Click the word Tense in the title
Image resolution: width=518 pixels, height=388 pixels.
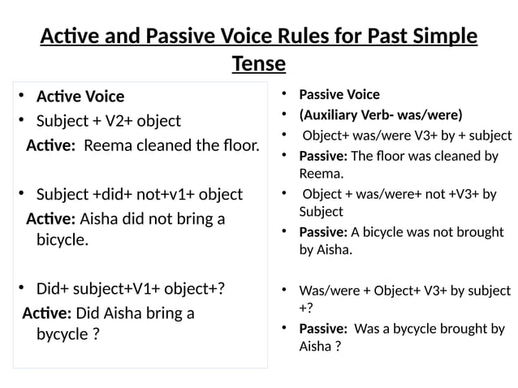pyautogui.click(x=258, y=63)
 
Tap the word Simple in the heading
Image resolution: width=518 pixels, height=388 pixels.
pyautogui.click(x=439, y=37)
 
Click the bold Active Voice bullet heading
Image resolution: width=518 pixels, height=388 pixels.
pyautogui.click(x=80, y=97)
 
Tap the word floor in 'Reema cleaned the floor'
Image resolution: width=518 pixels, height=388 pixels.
pyautogui.click(x=239, y=146)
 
